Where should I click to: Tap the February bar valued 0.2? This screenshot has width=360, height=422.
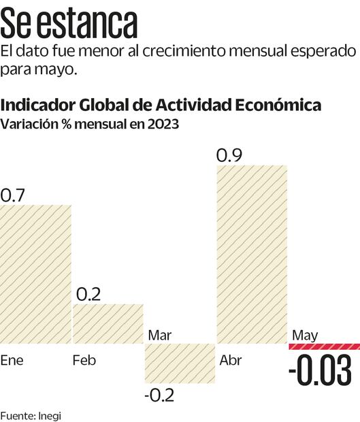(108, 323)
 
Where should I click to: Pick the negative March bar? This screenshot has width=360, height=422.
(180, 363)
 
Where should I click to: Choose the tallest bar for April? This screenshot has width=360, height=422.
(252, 254)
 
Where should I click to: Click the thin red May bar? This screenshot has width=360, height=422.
(324, 346)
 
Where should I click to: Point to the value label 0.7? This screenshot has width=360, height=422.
(12, 195)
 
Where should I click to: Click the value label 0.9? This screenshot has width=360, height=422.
(229, 155)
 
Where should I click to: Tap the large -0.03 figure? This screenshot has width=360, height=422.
(320, 372)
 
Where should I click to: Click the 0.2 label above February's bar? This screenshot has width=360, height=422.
(88, 294)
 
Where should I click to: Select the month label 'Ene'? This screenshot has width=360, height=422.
(12, 360)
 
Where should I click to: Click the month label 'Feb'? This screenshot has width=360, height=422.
(84, 360)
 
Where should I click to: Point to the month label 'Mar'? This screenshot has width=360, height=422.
(159, 335)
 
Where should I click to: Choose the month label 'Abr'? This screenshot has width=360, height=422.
(231, 360)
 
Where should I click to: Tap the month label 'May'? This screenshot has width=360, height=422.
(305, 335)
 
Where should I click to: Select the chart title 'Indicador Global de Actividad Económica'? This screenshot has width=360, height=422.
(161, 105)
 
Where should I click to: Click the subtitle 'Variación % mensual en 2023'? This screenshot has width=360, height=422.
(90, 125)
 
